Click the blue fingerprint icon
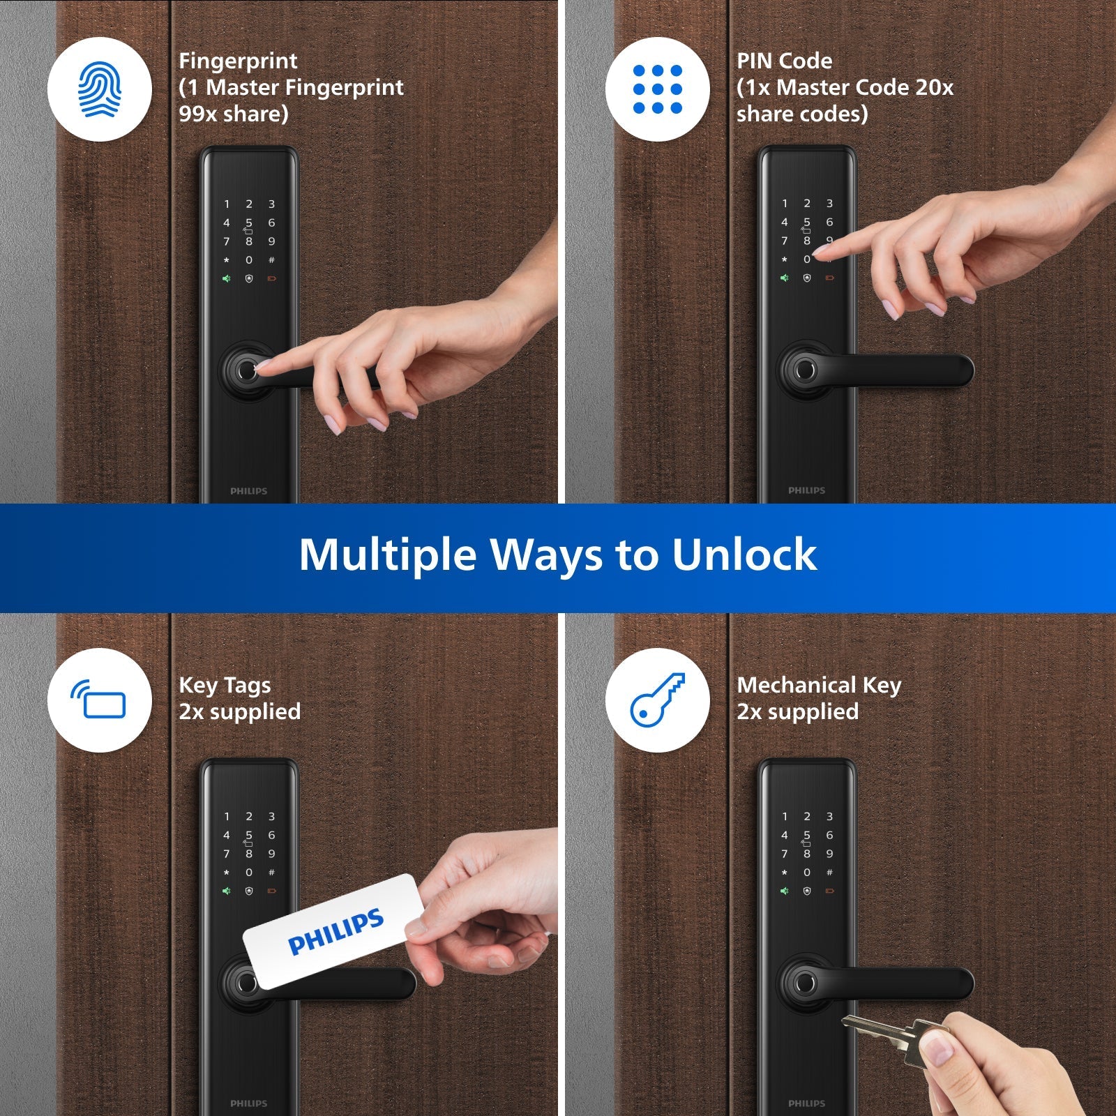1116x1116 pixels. pos(99,90)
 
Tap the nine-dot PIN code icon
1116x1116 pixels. pos(657,89)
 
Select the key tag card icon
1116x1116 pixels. pos(99,700)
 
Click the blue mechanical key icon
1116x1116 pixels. pos(657,700)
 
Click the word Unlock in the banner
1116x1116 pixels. pos(744,555)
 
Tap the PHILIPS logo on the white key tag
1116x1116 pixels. pos(335,931)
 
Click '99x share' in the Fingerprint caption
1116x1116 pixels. pos(233,114)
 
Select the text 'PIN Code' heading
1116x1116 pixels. pos(784,61)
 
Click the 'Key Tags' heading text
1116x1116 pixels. pos(225,685)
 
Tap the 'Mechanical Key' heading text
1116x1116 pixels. pos(819,685)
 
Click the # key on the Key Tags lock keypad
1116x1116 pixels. pos(271,872)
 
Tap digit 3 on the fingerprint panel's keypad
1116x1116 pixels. pos(271,204)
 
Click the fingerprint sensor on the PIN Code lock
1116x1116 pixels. pos(806,369)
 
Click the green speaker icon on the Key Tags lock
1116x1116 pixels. pos(226,891)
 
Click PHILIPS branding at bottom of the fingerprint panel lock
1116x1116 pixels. pos(248,491)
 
